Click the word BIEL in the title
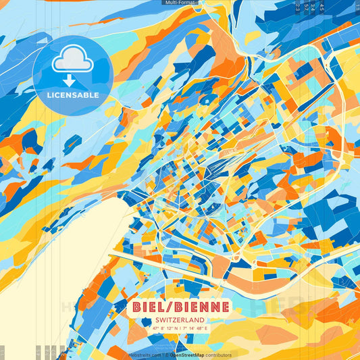(151, 307)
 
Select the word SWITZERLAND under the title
(180, 320)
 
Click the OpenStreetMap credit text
(191, 355)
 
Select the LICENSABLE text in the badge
(72, 95)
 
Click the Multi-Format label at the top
(180, 3)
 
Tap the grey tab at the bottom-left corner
(2, 352)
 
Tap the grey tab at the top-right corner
(356, 7)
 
